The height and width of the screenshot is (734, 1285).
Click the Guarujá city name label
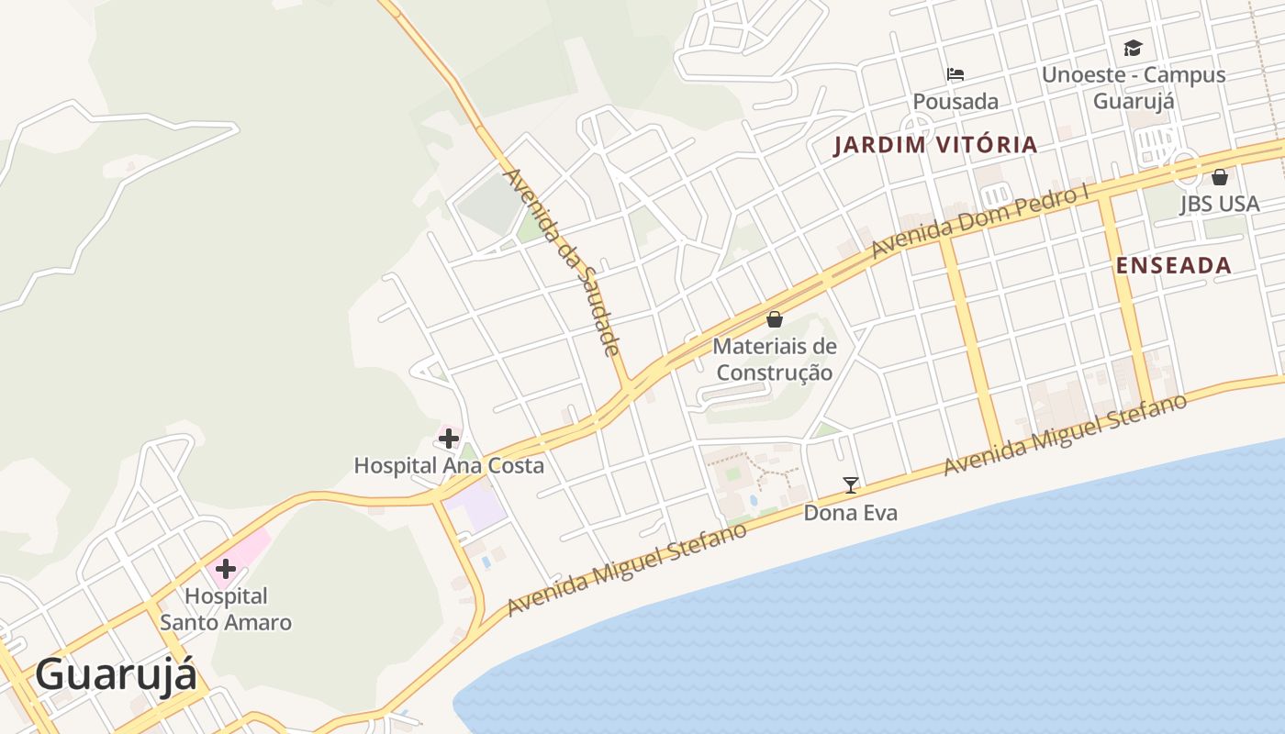(116, 675)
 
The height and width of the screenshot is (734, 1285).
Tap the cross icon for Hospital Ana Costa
(448, 439)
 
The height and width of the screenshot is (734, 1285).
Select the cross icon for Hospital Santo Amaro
(226, 569)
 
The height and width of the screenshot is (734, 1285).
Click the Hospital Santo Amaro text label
(226, 609)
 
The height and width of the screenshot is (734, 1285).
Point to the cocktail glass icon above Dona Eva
(851, 484)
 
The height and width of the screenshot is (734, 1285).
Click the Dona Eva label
(850, 513)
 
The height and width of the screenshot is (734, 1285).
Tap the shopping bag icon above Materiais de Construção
(775, 319)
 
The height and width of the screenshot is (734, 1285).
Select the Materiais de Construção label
(775, 360)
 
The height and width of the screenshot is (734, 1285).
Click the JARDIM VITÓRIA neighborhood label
(935, 145)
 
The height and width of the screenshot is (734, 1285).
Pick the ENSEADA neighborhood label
(1173, 266)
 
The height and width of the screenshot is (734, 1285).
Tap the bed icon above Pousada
(955, 74)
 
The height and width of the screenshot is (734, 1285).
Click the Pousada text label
(955, 101)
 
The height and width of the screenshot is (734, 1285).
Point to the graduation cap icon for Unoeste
(1134, 48)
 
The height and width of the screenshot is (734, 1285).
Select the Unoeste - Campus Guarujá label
(1134, 87)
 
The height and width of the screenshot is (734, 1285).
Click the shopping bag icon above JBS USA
(1220, 177)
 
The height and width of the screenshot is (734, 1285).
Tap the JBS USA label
(1220, 204)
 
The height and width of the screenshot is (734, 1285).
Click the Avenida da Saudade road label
(563, 261)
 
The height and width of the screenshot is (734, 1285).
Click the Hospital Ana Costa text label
(449, 465)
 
